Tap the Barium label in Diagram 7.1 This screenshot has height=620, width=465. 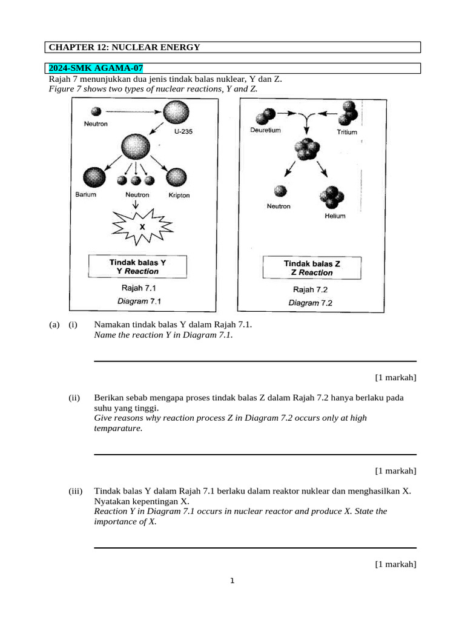86,195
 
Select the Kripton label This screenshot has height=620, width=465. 179,196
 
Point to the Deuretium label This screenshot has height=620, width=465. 265,131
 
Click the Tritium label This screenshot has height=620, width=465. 347,132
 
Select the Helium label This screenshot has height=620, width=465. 335,216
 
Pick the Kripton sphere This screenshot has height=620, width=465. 178,177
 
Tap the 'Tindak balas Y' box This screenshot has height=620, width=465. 137,266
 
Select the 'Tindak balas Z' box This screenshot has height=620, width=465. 312,268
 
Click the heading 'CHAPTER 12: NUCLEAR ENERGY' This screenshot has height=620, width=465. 124,47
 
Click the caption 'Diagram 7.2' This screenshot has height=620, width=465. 310,303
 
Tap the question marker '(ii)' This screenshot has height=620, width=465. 74,398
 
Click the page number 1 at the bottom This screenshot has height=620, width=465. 232,582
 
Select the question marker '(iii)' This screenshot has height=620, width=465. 76,491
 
